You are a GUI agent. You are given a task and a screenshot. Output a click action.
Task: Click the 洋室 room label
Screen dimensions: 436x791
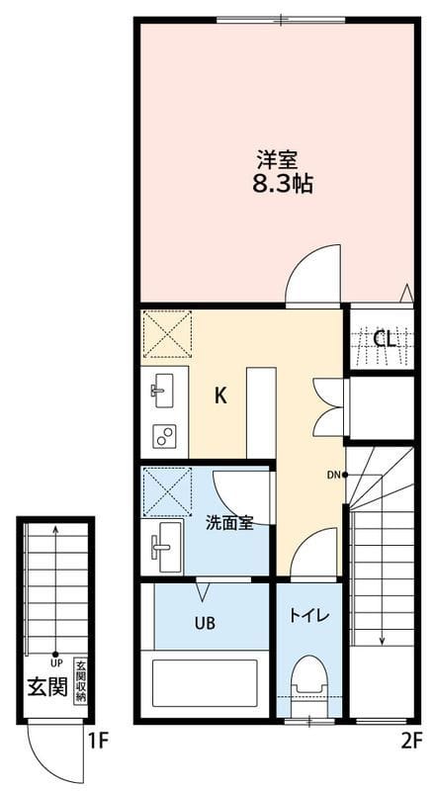coord(276,160)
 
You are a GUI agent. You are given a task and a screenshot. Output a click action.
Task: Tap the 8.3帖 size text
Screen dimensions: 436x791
coord(283,185)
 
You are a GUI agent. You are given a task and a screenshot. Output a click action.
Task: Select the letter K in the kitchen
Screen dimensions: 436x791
coord(220,396)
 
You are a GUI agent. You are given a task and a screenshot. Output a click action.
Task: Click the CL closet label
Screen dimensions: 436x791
coord(384,340)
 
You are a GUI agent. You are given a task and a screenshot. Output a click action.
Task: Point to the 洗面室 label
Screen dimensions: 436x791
coord(229,523)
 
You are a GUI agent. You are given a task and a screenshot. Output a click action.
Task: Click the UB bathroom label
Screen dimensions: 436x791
coord(206,624)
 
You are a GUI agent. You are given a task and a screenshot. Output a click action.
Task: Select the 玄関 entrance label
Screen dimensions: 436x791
coord(46,686)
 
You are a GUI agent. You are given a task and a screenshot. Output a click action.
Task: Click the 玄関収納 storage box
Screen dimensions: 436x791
coord(80,680)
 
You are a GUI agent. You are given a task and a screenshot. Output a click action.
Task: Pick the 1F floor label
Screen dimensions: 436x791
coord(99,741)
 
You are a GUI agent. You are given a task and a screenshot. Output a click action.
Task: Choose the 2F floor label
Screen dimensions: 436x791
coord(411,741)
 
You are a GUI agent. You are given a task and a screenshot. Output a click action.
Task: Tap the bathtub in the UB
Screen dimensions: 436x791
coord(205,683)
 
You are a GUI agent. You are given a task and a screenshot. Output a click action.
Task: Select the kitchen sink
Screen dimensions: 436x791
coord(162,390)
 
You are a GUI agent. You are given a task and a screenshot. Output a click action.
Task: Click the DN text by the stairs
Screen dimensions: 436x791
coord(333,475)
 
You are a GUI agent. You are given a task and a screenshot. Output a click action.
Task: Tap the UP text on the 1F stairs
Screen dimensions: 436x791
coord(55,662)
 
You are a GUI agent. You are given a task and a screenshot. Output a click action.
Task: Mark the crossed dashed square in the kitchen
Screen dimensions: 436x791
coord(167,334)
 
